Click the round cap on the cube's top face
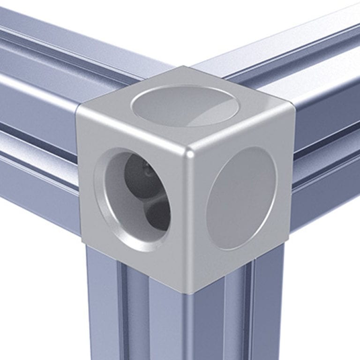[184, 105]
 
